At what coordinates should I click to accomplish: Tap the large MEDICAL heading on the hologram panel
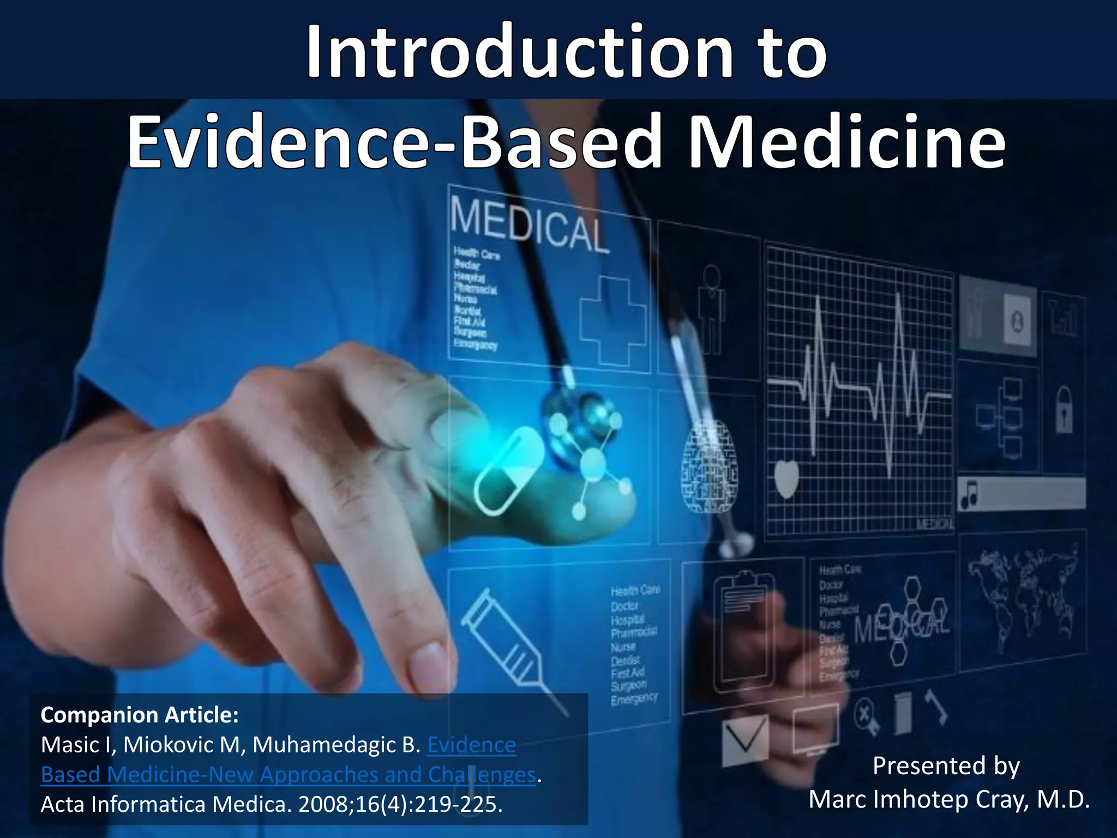coord(528,225)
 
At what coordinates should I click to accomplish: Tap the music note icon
coord(969,494)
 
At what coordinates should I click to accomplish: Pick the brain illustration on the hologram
coord(709,466)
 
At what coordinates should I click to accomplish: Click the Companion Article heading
coord(140,715)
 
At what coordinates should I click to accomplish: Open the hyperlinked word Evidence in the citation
coord(471,745)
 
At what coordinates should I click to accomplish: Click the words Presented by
coord(946,765)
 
